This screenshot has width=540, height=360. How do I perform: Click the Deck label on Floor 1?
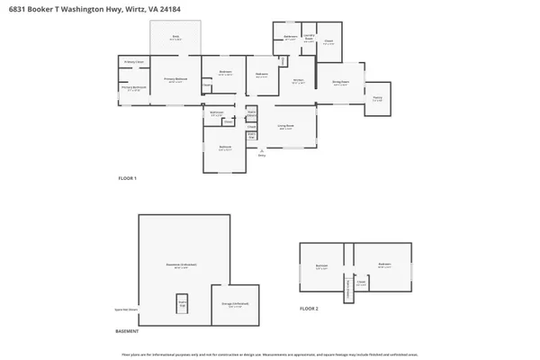pos(176,37)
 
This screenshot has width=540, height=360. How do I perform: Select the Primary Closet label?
pos(134,62)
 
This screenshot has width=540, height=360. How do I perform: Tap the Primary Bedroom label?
pos(174,80)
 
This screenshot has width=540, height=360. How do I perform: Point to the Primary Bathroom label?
pos(133,89)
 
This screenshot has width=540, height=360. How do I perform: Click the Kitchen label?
pos(298,81)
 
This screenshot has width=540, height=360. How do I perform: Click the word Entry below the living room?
pos(262,156)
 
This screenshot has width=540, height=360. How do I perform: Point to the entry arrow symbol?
pos(262,149)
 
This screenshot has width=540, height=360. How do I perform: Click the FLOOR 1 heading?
pos(127,178)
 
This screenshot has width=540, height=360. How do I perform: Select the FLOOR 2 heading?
pos(309,309)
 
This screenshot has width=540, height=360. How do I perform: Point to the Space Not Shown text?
pos(126,309)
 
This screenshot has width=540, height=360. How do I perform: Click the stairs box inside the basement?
pos(182,304)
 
